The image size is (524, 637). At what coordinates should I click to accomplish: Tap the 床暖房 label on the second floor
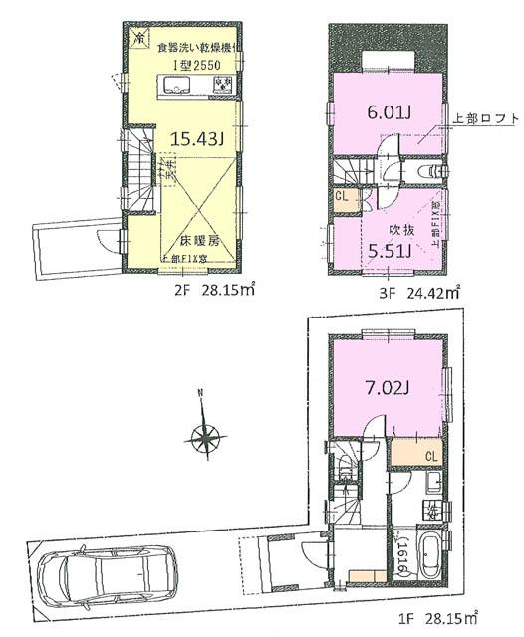(x=198, y=242)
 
